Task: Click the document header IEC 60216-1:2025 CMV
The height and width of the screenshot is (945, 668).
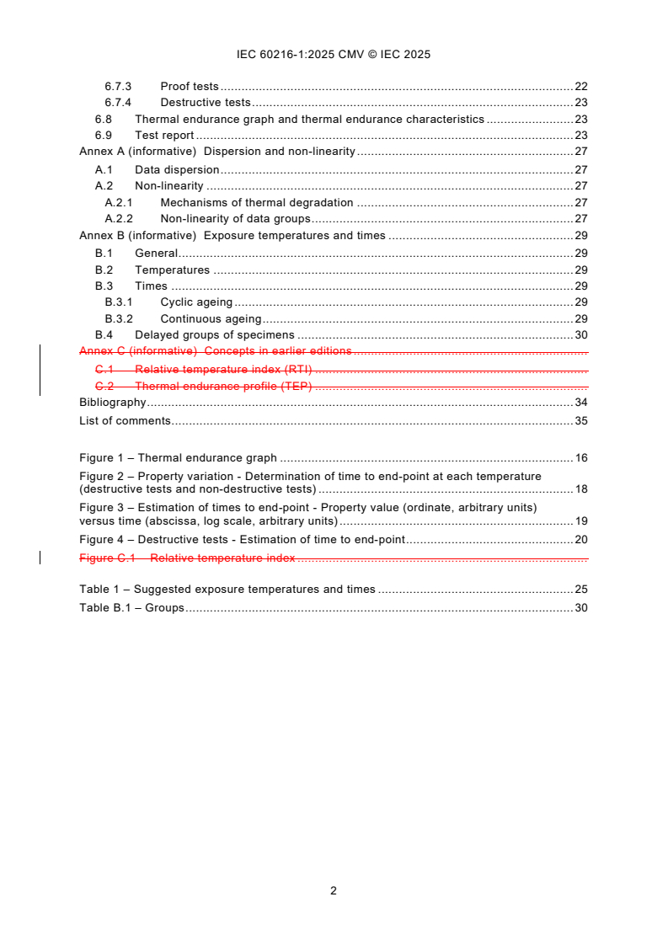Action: [x=334, y=54]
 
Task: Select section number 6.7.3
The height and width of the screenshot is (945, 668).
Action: [x=119, y=87]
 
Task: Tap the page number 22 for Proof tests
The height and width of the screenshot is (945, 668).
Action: [x=580, y=87]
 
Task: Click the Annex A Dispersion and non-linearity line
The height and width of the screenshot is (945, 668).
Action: [x=217, y=152]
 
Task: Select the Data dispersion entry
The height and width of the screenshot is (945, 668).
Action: [x=177, y=169]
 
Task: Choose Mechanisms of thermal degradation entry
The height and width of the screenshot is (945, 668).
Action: [x=256, y=202]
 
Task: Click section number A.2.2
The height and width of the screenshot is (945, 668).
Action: [x=119, y=219]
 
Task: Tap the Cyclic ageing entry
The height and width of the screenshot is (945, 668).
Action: [x=196, y=302]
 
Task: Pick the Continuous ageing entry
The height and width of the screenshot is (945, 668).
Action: [x=211, y=319]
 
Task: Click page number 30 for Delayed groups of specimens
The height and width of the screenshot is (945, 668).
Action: [x=580, y=335]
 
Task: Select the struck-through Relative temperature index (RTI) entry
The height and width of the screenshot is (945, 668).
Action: [x=223, y=369]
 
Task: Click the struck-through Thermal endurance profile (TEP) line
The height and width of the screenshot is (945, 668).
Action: [x=223, y=386]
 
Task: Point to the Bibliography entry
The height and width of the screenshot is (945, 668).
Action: [x=113, y=403]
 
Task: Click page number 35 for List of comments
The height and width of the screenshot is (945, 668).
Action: [x=580, y=420]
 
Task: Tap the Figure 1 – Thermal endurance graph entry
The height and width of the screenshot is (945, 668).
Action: [x=178, y=458]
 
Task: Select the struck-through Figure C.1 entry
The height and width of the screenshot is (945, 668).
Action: [x=187, y=558]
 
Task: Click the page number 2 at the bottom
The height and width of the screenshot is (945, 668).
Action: [x=334, y=890]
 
